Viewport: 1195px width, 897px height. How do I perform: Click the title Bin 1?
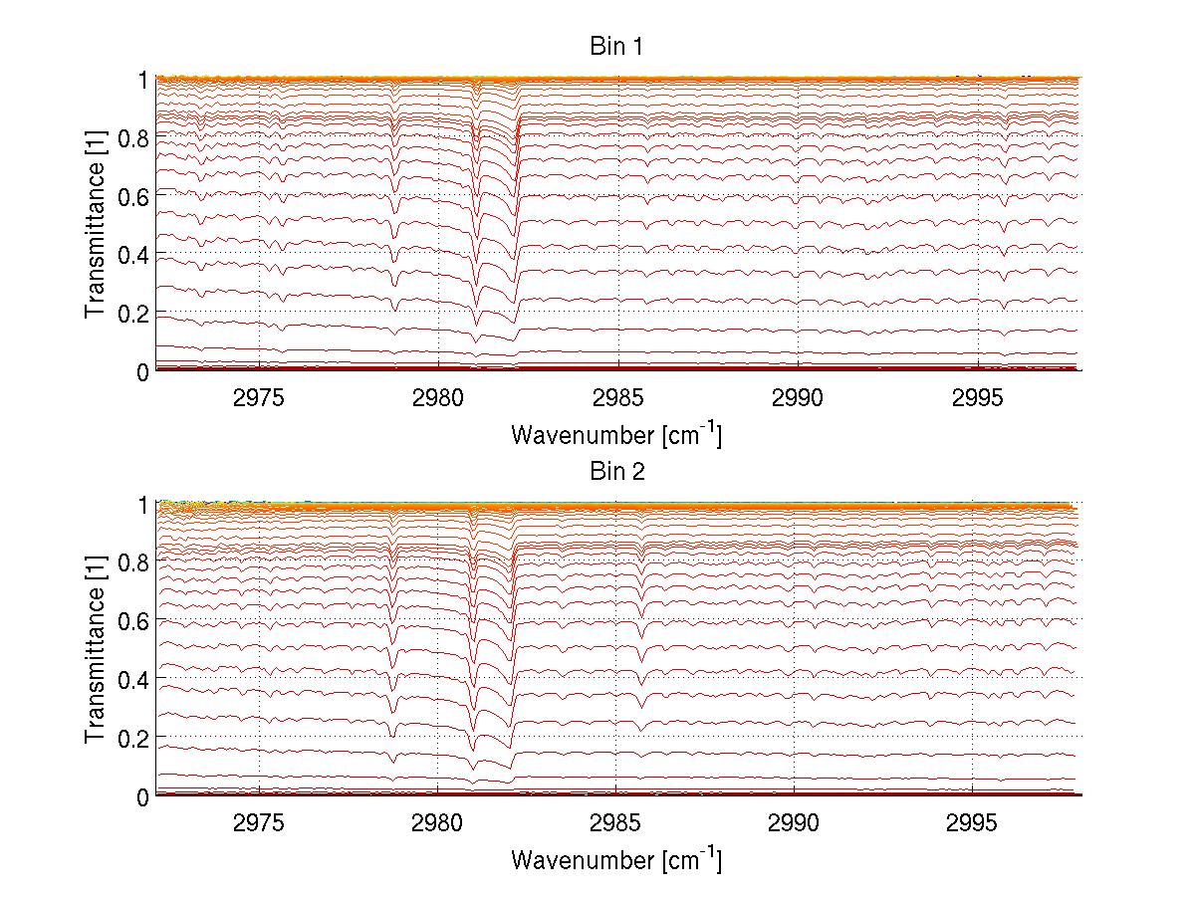pyautogui.click(x=616, y=47)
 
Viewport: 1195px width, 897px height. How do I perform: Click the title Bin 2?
pyautogui.click(x=616, y=472)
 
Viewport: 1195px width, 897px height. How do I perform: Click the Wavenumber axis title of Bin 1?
pyautogui.click(x=616, y=434)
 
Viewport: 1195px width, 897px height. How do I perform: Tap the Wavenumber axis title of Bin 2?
pyautogui.click(x=616, y=859)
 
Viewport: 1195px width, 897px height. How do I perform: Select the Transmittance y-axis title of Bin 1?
pyautogui.click(x=96, y=224)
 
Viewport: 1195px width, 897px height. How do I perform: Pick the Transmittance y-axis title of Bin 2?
pyautogui.click(x=96, y=649)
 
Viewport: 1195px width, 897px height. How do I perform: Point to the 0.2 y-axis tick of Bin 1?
pyautogui.click(x=134, y=313)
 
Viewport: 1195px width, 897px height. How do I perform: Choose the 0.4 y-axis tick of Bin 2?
pyautogui.click(x=134, y=679)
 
